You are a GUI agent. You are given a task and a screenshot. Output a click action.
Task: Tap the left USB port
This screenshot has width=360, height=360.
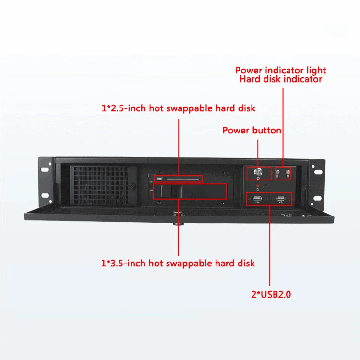[x=257, y=199]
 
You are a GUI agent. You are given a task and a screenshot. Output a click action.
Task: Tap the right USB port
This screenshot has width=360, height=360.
[x=282, y=199]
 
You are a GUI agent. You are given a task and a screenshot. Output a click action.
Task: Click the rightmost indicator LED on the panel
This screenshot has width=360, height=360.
[x=288, y=173]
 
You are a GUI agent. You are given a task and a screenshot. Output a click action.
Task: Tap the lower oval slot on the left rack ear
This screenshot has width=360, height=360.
[x=45, y=196]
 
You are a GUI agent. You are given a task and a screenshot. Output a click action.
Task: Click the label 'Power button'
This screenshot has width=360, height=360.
[x=252, y=131]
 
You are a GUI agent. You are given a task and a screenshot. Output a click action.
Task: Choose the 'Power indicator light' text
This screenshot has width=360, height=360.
[x=281, y=71]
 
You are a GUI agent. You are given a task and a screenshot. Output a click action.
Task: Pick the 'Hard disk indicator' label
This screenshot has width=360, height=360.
[x=281, y=79]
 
